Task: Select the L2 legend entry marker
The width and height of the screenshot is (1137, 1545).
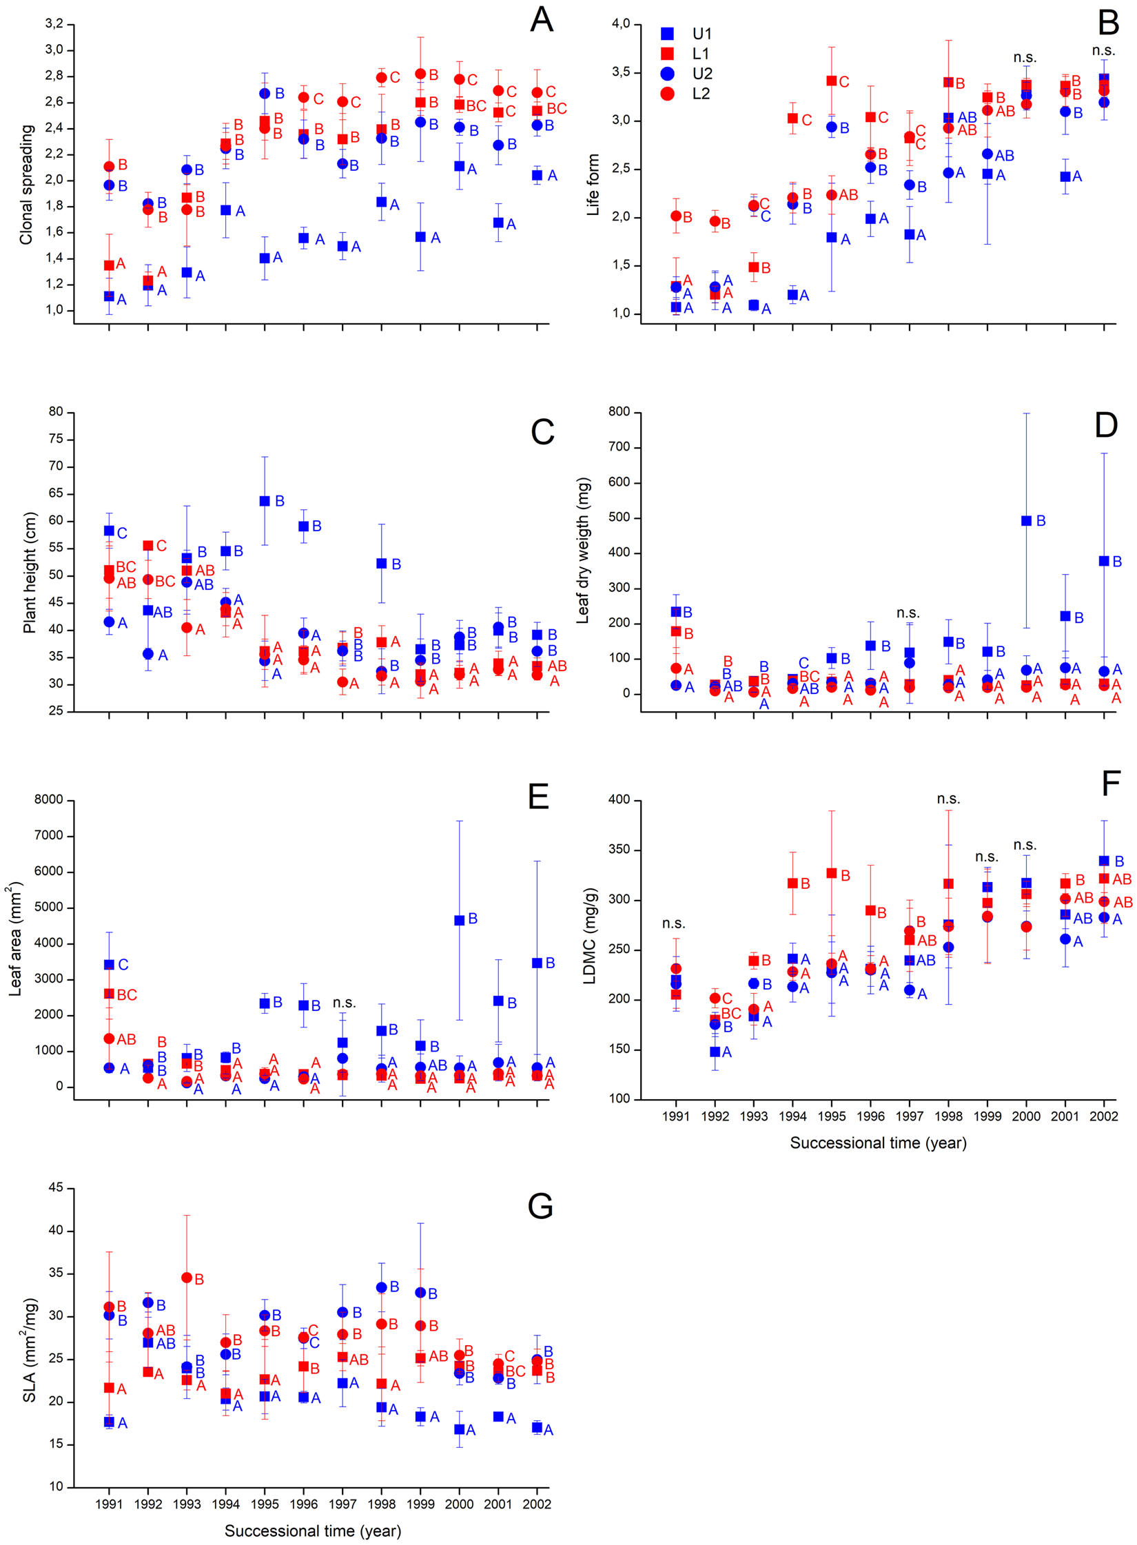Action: point(666,94)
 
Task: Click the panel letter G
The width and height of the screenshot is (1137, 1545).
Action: point(540,1206)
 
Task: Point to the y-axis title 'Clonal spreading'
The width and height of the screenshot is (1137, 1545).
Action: point(26,184)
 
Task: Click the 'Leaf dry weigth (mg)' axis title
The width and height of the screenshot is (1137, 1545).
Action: point(583,550)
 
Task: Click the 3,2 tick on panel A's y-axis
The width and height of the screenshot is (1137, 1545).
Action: point(54,24)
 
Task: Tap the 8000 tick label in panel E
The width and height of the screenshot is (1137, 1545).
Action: point(48,799)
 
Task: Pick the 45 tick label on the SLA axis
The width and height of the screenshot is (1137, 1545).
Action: point(55,1187)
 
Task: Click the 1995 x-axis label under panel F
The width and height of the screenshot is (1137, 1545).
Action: point(831,1116)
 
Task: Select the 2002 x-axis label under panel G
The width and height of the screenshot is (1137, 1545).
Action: point(536,1504)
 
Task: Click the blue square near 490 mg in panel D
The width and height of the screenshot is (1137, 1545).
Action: point(1026,521)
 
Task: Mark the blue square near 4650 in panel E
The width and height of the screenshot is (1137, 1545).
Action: point(459,920)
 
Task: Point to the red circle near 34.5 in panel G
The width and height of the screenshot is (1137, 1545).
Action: point(187,1277)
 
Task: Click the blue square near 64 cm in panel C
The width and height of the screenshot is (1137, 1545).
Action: point(265,501)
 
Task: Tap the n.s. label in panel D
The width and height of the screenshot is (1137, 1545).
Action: point(908,613)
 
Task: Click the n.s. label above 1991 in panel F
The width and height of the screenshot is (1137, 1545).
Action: point(673,923)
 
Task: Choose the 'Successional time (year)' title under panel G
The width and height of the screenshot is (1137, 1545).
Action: point(312,1531)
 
